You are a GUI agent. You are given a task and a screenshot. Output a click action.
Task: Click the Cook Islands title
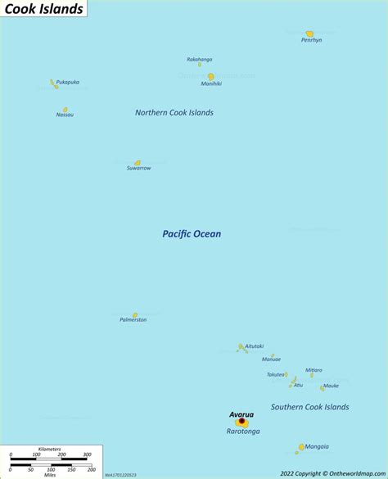pyautogui.click(x=43, y=9)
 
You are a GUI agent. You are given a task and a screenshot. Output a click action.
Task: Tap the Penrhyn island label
pyautogui.click(x=311, y=40)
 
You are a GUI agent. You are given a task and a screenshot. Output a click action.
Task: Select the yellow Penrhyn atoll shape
pyautogui.click(x=309, y=34)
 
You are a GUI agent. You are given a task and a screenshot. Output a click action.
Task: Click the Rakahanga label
pyautogui.click(x=199, y=59)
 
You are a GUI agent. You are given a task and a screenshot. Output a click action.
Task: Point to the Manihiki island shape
pyautogui.click(x=210, y=76)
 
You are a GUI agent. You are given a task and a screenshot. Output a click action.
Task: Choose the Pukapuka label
pyautogui.click(x=68, y=82)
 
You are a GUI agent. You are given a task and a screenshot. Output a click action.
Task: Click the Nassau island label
pyautogui.click(x=65, y=115)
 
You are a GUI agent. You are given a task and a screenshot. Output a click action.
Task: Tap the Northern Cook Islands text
pyautogui.click(x=174, y=112)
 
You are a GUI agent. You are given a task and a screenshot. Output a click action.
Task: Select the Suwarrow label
pyautogui.click(x=138, y=169)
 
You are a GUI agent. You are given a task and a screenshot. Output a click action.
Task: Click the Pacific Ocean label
pyautogui.click(x=191, y=234)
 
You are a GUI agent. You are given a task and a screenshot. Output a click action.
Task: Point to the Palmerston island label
pyautogui.click(x=133, y=319)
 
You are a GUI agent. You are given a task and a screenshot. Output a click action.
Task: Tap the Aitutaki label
pyautogui.click(x=254, y=346)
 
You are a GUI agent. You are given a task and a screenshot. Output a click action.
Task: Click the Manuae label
pyautogui.click(x=271, y=359)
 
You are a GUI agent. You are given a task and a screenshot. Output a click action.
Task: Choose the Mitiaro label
pyautogui.click(x=314, y=370)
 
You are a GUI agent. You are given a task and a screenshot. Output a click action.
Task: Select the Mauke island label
pyautogui.click(x=330, y=386)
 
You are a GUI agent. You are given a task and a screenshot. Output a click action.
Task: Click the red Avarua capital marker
pyautogui.click(x=241, y=422)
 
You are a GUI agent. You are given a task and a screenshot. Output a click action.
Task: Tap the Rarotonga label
pyautogui.click(x=243, y=432)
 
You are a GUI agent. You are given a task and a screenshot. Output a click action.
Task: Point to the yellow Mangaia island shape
pyautogui.click(x=301, y=447)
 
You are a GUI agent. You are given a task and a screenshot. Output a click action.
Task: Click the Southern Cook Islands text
pyautogui.click(x=309, y=407)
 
